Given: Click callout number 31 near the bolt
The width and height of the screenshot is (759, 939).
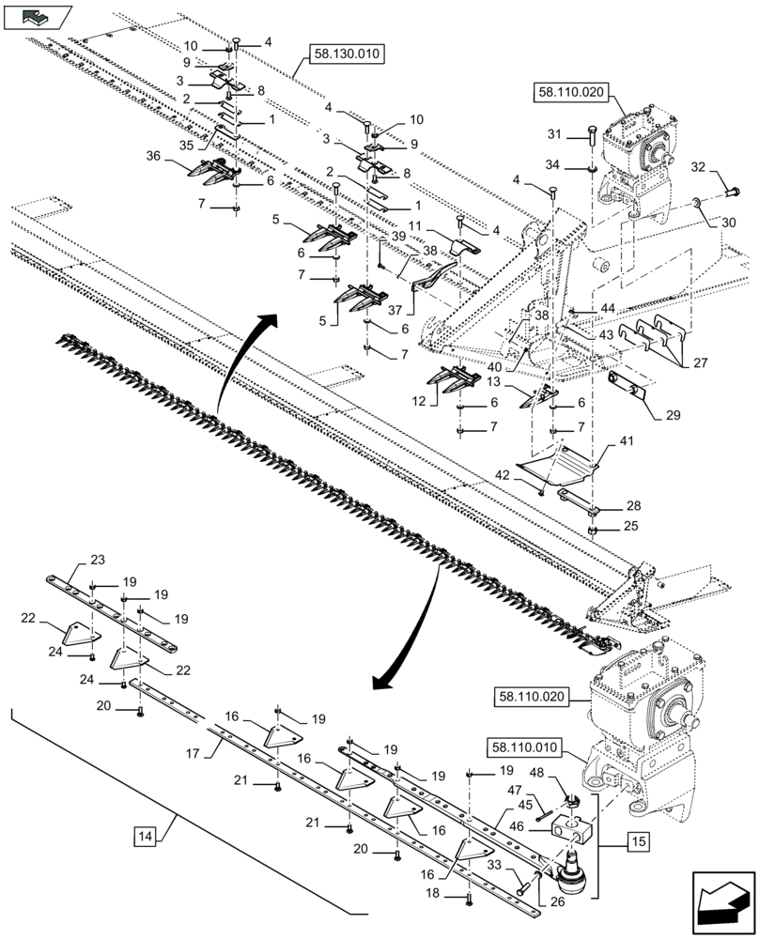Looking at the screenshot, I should pyautogui.click(x=555, y=132).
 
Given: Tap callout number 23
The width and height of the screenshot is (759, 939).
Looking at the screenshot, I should pyautogui.click(x=98, y=560).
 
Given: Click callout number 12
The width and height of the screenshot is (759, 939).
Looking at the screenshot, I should pyautogui.click(x=420, y=399).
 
